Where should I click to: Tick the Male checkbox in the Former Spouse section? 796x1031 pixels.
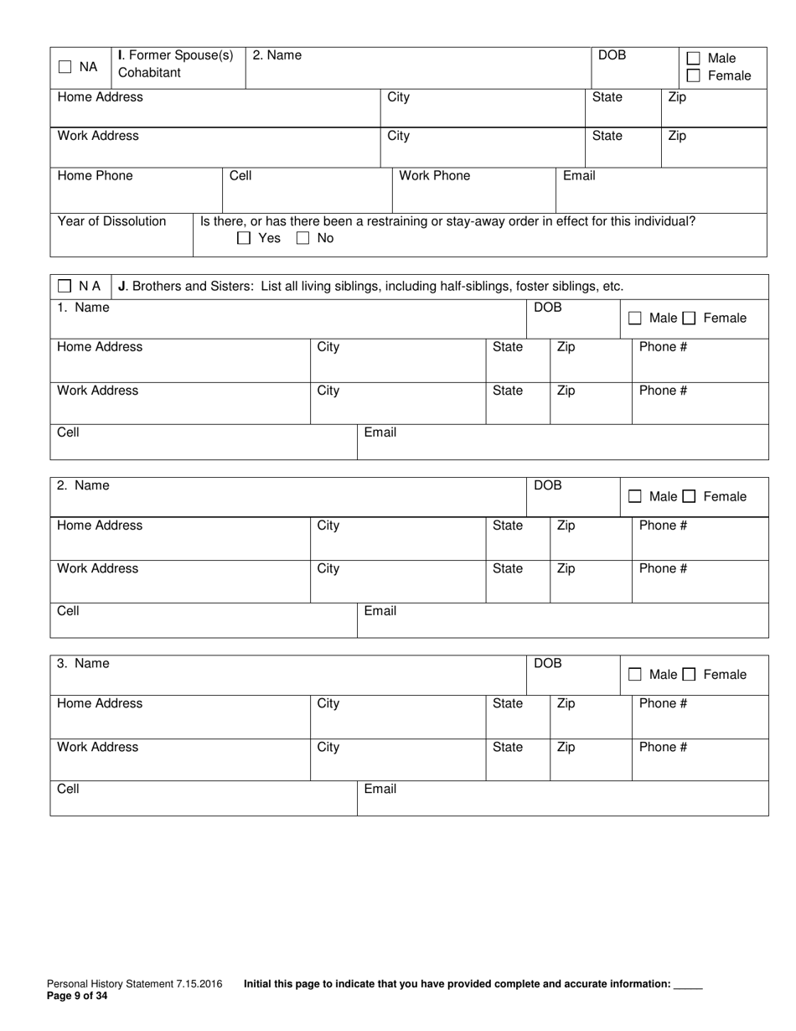tap(693, 59)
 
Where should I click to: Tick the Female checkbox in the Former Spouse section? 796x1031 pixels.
tap(693, 76)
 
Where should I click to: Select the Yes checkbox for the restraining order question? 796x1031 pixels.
tap(244, 238)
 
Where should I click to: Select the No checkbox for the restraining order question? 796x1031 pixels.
tap(302, 238)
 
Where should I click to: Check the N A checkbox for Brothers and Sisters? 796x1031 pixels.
tap(65, 286)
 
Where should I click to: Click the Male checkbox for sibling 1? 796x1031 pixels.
tap(635, 319)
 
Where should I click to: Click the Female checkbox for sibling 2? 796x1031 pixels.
tap(689, 497)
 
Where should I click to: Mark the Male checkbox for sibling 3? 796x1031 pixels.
tap(635, 675)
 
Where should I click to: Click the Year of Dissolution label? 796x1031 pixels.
tap(111, 221)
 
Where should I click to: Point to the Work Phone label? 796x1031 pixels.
tap(434, 176)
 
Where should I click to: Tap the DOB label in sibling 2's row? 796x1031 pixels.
tap(547, 486)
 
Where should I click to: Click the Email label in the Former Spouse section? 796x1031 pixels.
tap(579, 176)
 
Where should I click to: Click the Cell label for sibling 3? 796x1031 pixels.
tap(68, 789)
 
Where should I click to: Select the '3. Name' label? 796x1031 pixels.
tap(83, 664)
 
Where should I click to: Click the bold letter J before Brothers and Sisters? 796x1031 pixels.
tap(122, 286)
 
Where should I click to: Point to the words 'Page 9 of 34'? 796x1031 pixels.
tap(77, 997)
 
